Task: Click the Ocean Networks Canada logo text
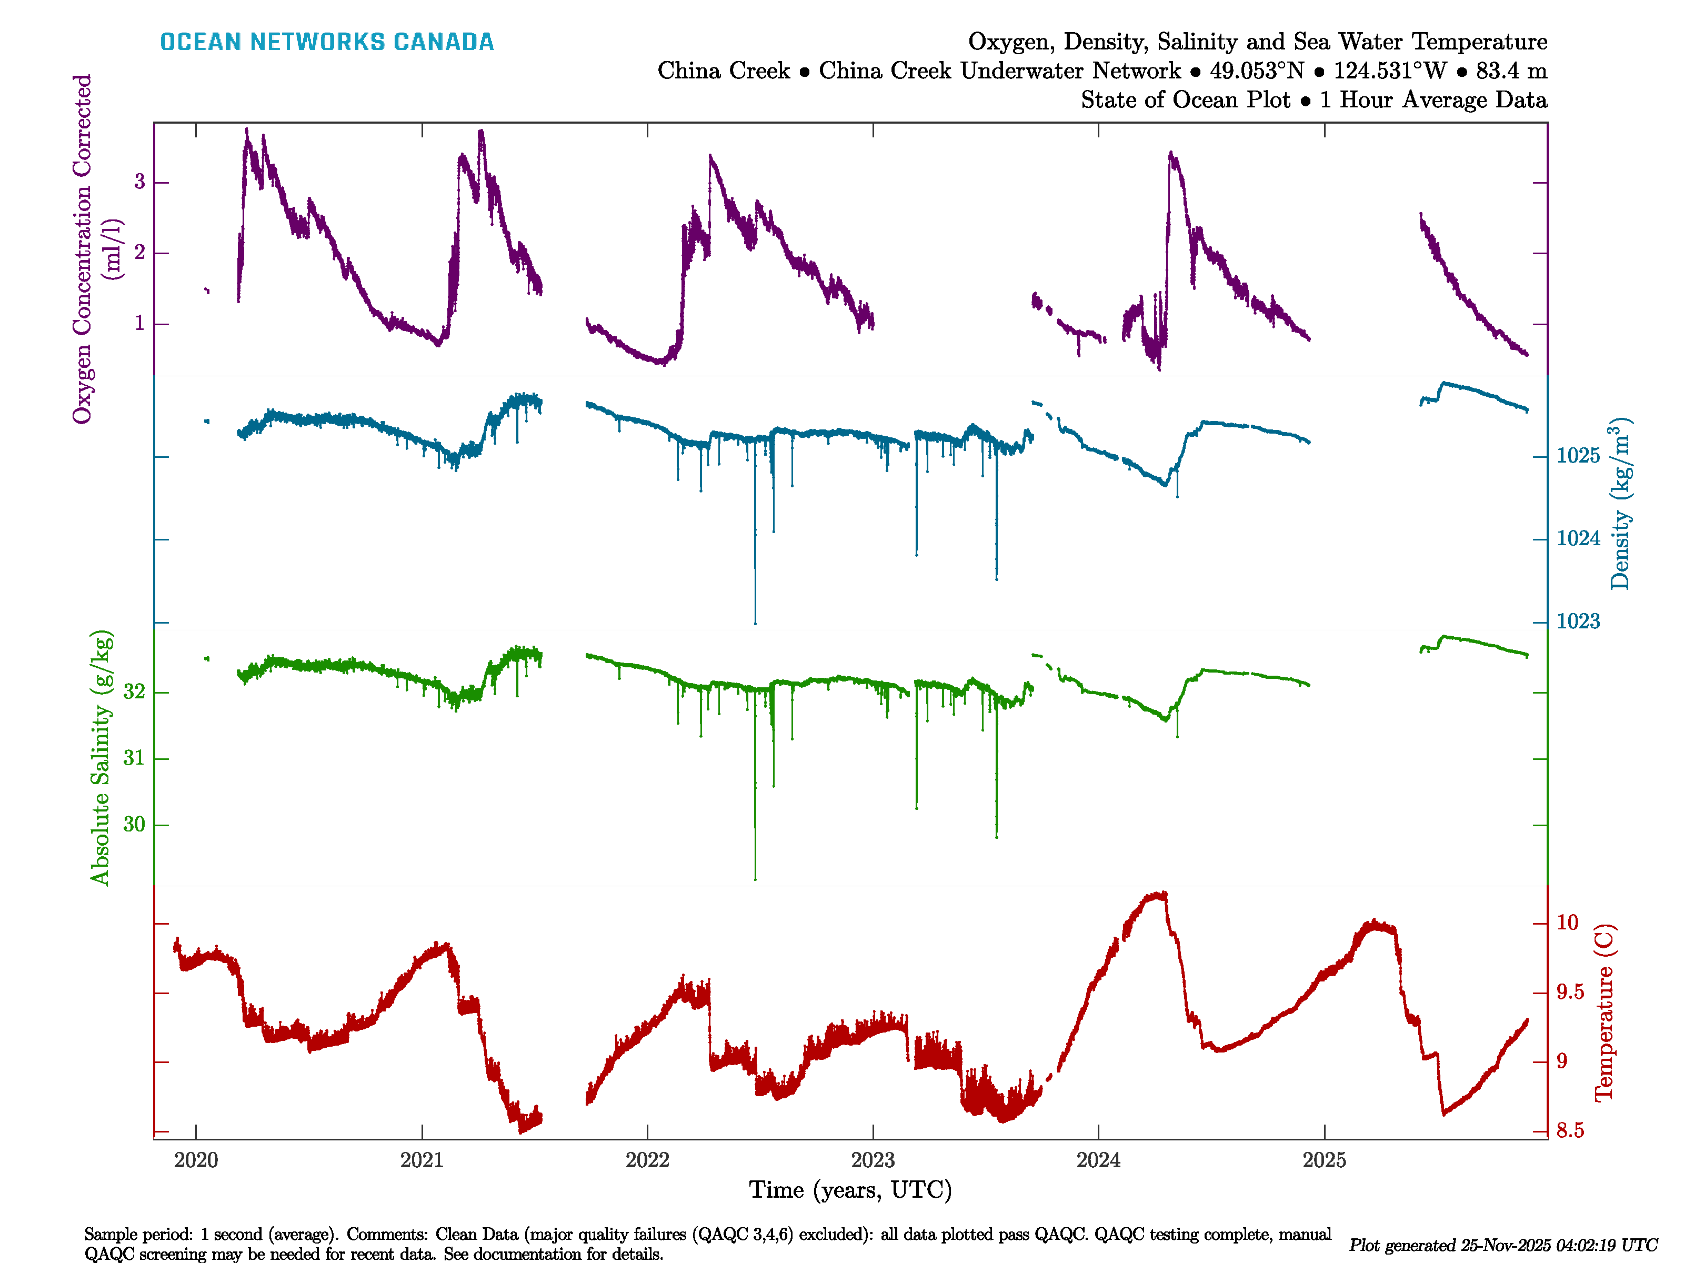tap(327, 42)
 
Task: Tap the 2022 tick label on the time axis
tap(647, 1160)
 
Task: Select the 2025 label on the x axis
tap(1324, 1160)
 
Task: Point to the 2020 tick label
tap(196, 1160)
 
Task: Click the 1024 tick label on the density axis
tap(1578, 539)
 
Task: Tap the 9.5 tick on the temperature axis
tap(1570, 993)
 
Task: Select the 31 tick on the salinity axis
tap(134, 758)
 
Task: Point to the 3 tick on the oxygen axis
tap(139, 182)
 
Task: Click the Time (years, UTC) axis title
tap(850, 1190)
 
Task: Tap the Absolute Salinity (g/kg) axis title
tap(101, 757)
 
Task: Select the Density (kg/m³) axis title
tap(1621, 504)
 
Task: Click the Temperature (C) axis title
tap(1604, 1013)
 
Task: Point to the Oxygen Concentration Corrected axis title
tap(82, 249)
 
